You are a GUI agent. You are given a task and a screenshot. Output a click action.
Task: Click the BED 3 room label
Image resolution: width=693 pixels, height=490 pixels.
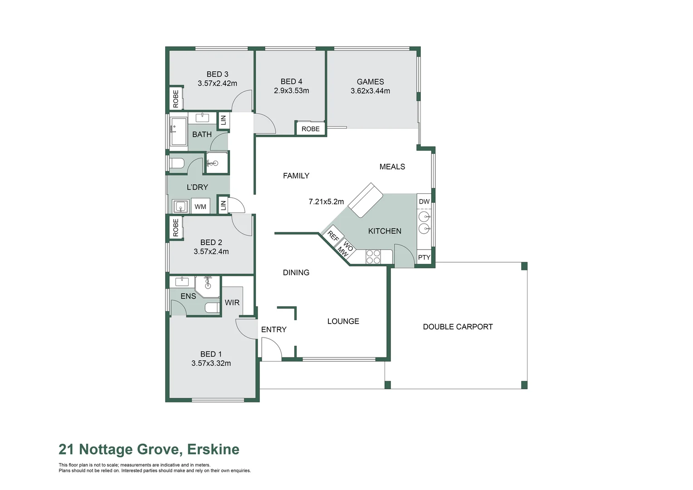coord(217,74)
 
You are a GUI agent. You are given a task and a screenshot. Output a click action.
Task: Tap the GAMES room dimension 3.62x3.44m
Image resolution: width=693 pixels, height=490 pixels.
coord(370,91)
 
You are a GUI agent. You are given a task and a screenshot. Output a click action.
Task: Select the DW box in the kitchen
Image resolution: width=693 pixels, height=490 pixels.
coord(424,201)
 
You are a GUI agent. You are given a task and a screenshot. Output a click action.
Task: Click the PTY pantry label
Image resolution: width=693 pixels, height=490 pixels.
coord(424,257)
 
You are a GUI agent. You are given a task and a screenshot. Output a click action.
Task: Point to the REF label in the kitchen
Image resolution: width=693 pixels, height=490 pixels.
coord(333,236)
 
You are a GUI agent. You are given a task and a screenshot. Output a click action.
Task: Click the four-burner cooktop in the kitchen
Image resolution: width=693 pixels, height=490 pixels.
coord(373,257)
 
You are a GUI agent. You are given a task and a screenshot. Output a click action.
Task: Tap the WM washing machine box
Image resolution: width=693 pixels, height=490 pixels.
coord(200,206)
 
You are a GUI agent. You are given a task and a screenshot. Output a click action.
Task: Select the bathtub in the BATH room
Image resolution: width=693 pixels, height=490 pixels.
coord(178,132)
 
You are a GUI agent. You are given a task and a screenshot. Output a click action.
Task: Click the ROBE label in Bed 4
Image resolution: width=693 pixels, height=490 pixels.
coord(310,129)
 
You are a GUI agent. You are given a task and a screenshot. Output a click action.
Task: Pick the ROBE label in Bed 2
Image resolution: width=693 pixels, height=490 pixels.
coord(176,227)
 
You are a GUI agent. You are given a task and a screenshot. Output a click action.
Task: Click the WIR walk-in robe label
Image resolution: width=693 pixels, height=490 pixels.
coord(232,302)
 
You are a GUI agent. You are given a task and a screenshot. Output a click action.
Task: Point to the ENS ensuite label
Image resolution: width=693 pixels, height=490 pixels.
coord(188,296)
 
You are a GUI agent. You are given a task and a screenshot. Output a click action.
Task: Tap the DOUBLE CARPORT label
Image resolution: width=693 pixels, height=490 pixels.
coord(458,327)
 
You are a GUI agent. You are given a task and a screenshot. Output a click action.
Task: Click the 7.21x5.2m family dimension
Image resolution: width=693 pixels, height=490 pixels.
coord(326,201)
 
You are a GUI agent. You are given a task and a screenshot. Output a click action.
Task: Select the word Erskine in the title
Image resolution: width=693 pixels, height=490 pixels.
coord(213,449)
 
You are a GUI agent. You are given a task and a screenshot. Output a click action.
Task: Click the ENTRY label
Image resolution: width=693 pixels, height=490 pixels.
coord(273,329)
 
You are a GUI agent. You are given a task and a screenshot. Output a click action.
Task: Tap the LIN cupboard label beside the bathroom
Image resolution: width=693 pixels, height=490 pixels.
coord(223,120)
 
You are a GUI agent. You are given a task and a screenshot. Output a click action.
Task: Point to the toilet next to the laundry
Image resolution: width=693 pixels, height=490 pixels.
coord(176,163)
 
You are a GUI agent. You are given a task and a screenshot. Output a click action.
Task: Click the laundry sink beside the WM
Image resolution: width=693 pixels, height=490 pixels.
coord(181,206)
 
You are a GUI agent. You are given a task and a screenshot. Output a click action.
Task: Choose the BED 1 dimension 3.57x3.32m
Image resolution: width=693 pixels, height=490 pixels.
coord(211,363)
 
